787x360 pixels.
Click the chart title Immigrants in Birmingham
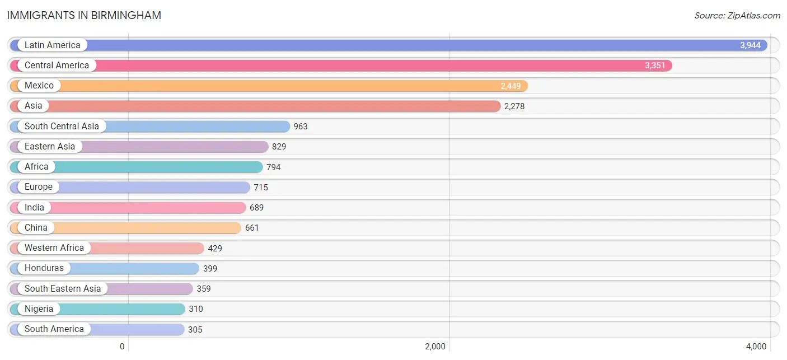click(x=84, y=16)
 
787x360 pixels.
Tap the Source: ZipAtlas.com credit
click(x=737, y=16)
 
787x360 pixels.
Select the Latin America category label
click(x=53, y=45)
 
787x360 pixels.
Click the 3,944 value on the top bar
click(x=750, y=45)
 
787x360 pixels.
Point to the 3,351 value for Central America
click(x=655, y=66)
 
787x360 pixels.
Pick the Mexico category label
click(x=39, y=86)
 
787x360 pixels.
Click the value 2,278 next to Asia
click(x=514, y=106)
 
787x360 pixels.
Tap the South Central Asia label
click(x=62, y=126)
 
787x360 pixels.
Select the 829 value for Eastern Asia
click(x=279, y=147)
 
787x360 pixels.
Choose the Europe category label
click(x=39, y=186)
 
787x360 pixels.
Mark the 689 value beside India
click(x=256, y=207)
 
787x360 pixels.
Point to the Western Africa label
click(x=54, y=248)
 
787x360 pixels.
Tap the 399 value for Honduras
click(x=210, y=269)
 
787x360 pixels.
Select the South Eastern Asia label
click(x=63, y=289)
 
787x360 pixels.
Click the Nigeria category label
click(x=39, y=308)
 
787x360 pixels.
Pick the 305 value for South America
click(x=195, y=329)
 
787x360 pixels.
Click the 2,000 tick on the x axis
click(x=435, y=347)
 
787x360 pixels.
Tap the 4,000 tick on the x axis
click(x=756, y=347)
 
